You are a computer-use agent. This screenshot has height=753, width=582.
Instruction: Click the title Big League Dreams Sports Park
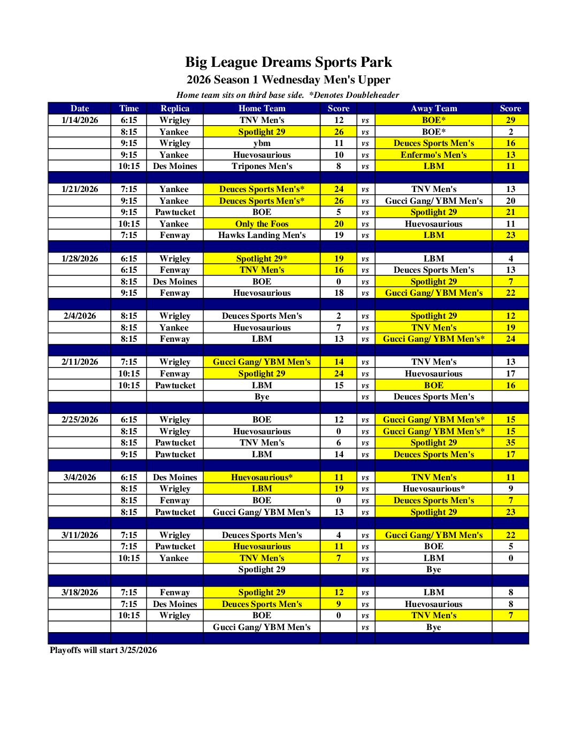(288, 62)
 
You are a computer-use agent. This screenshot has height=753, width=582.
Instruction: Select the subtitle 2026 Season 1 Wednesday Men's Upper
(288, 80)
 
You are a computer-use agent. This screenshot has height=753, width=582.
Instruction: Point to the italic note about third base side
(288, 95)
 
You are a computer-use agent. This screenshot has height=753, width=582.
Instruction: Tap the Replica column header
(175, 108)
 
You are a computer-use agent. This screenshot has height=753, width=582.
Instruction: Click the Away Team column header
(433, 108)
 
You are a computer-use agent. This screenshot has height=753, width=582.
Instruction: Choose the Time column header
(129, 108)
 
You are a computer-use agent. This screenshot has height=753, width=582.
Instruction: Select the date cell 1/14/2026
(80, 120)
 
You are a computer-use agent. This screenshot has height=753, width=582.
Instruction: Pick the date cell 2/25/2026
(80, 419)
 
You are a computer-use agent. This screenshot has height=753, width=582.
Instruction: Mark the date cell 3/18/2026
(80, 592)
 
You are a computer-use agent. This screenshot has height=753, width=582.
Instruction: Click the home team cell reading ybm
(262, 143)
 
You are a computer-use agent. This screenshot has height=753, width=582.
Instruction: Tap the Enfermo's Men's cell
(433, 155)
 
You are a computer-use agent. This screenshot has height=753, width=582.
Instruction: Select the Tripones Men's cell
(262, 166)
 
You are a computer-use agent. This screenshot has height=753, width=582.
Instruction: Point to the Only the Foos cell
(262, 224)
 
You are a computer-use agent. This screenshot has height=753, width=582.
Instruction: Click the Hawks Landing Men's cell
(262, 235)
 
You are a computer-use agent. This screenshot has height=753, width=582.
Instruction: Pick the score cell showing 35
(510, 442)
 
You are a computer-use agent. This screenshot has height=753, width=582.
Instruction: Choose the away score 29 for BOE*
(510, 120)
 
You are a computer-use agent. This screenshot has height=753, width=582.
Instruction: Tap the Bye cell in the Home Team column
(262, 396)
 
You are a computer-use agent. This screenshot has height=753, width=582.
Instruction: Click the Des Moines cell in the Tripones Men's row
(175, 166)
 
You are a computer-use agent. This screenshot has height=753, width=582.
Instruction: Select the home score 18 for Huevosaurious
(339, 293)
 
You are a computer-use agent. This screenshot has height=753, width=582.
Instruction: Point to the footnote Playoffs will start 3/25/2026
(103, 650)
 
